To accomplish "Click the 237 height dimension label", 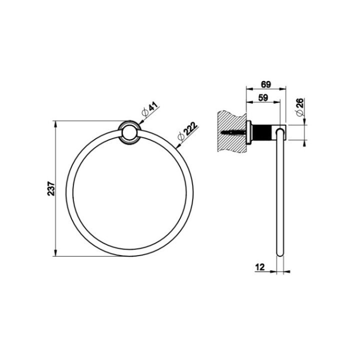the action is [51, 188].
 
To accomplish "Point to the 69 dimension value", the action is [266, 84].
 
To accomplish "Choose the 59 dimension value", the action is [263, 97].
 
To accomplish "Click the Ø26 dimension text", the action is [299, 107].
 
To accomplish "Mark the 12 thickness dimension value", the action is [259, 267].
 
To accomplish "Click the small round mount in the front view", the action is [129, 132].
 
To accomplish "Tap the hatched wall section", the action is [231, 131].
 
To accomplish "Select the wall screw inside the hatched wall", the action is [233, 132].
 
